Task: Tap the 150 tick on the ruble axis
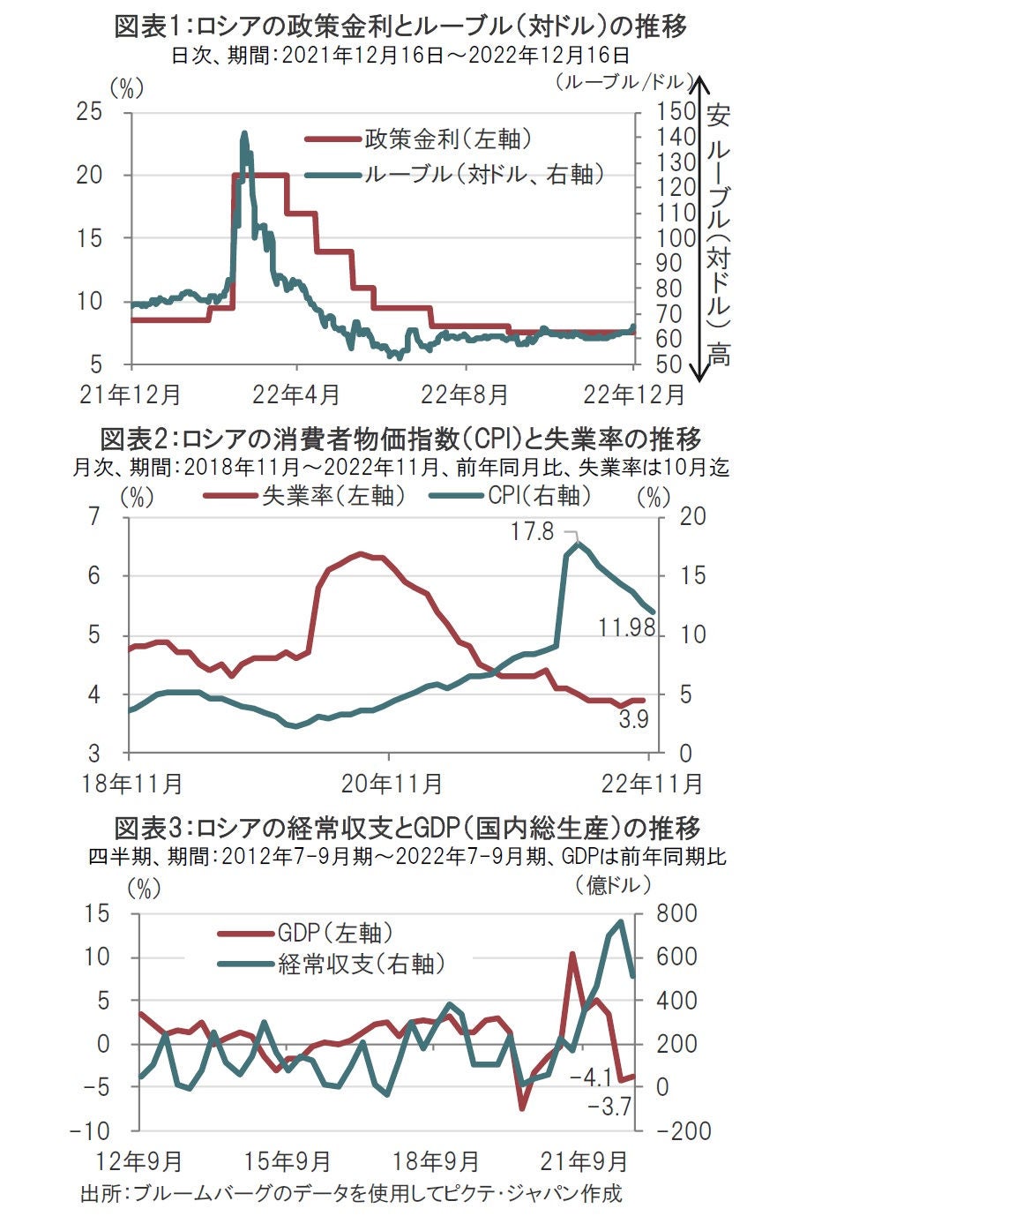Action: click(x=676, y=112)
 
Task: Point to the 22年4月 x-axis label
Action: click(x=295, y=394)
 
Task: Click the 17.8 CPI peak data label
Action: click(x=532, y=531)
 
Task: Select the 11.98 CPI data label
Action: click(x=626, y=627)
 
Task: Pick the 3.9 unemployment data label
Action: click(x=633, y=719)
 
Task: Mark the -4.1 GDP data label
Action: click(x=591, y=1077)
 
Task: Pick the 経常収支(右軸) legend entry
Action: click(x=361, y=964)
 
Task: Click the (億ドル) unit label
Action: click(x=613, y=884)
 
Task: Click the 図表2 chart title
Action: click(x=401, y=439)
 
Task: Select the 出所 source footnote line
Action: click(x=351, y=1194)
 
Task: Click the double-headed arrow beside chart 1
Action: click(x=698, y=229)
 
